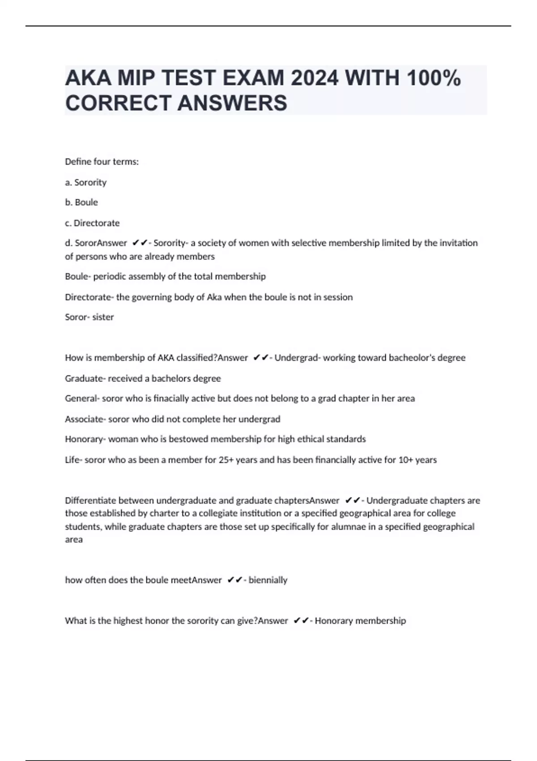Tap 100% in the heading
434,78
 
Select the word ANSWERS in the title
232,103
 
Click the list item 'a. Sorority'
85,182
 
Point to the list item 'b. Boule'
81,202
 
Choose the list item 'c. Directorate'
92,223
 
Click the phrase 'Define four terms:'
102,162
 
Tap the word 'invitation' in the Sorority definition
458,243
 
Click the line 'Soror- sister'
89,317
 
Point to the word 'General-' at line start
82,398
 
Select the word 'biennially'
268,580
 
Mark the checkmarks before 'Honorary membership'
302,621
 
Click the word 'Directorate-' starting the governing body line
89,297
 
